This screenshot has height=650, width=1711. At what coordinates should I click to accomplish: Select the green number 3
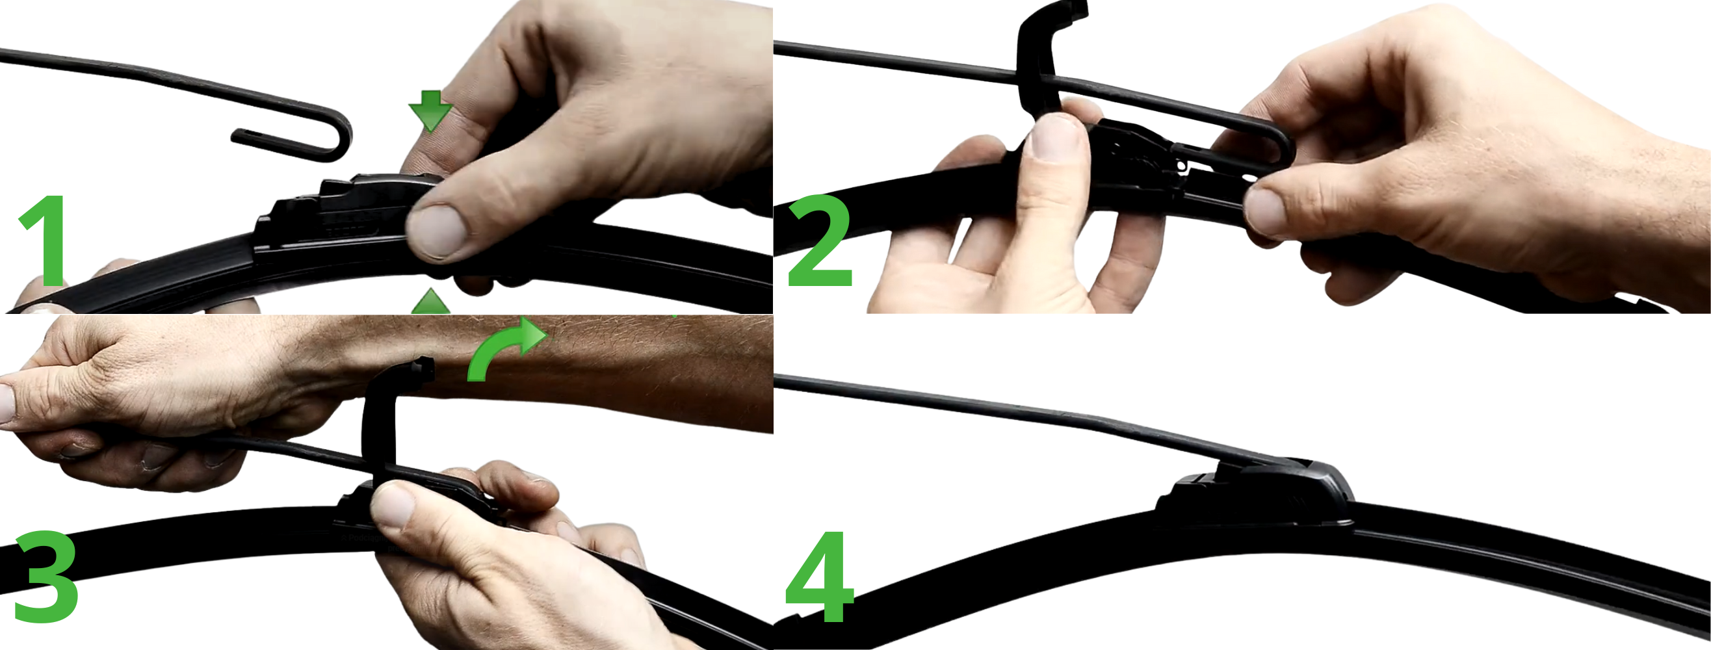(45, 577)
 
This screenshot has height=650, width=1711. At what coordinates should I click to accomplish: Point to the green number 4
(820, 577)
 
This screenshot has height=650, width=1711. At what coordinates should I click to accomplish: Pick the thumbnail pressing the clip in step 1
(436, 230)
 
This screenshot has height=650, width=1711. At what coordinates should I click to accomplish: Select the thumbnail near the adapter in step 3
(395, 504)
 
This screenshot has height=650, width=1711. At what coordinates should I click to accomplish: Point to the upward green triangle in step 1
(430, 302)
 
